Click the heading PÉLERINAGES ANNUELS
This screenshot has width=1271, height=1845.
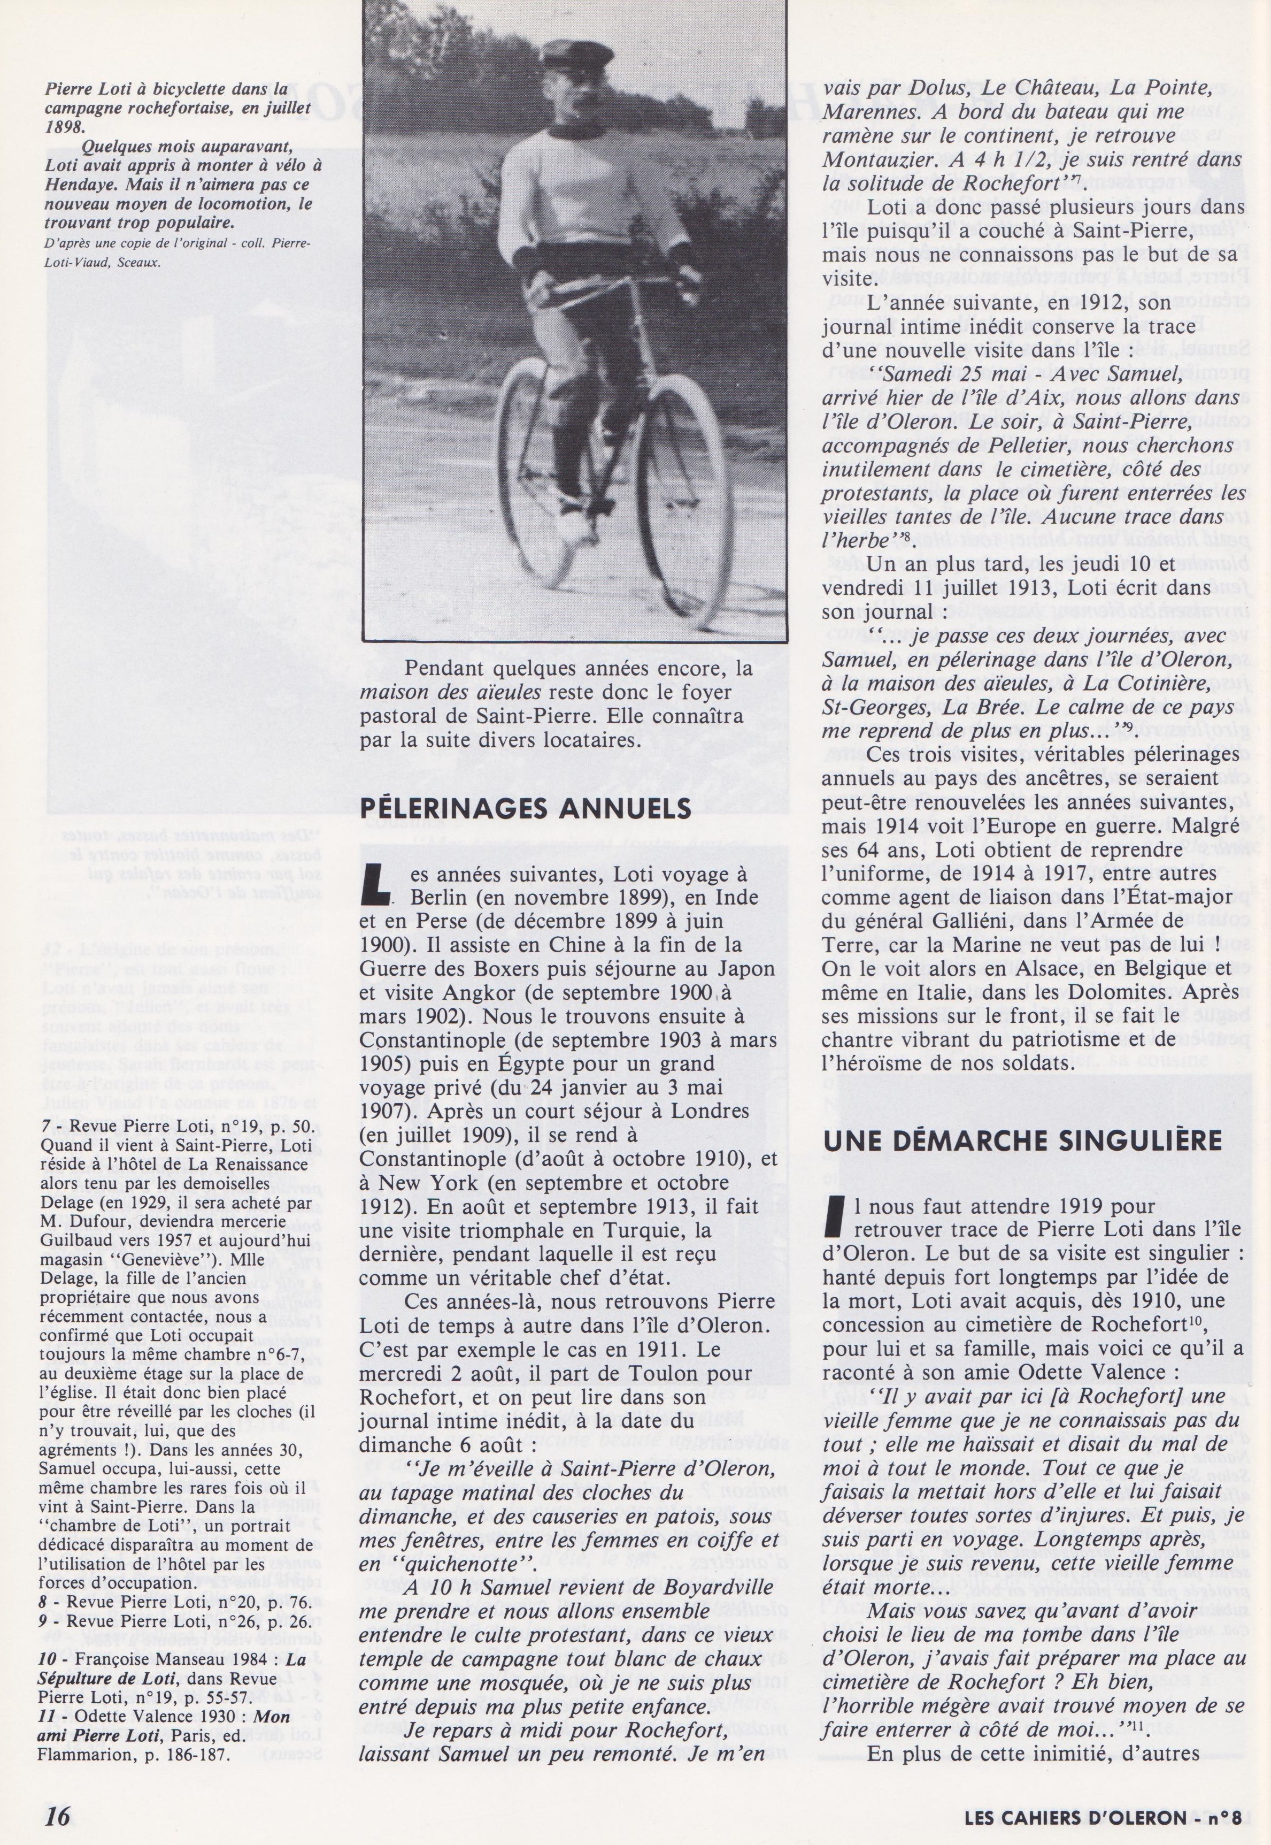(526, 809)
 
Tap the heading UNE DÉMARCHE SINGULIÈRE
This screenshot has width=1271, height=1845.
(1022, 1140)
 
